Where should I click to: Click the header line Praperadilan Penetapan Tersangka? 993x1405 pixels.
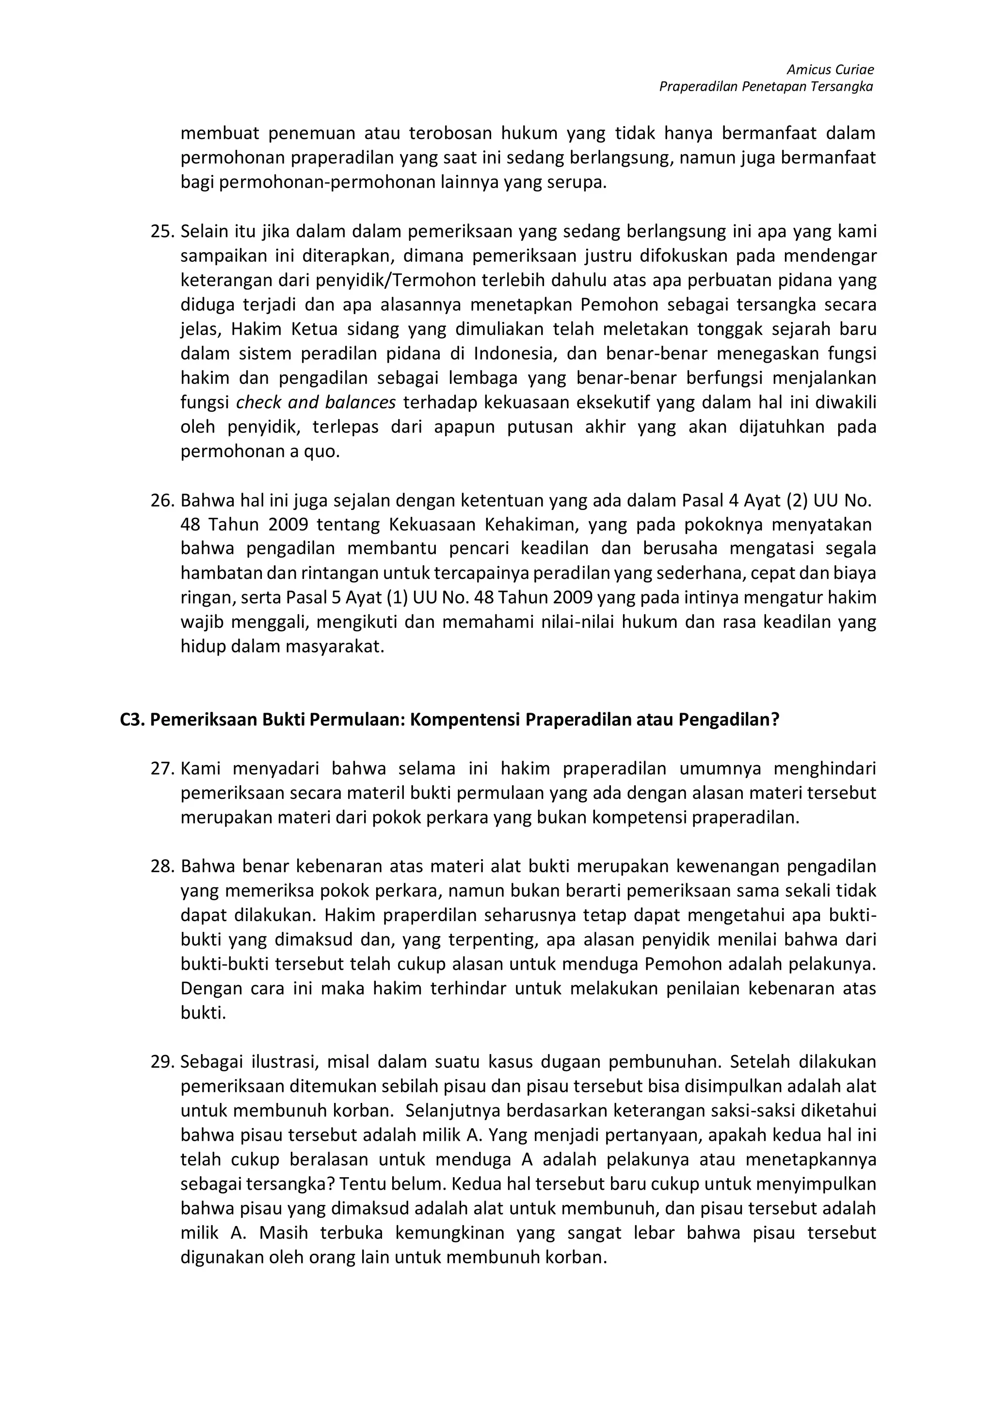766,87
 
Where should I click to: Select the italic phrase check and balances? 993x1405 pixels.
316,403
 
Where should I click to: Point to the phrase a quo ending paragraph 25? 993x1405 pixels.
320,452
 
